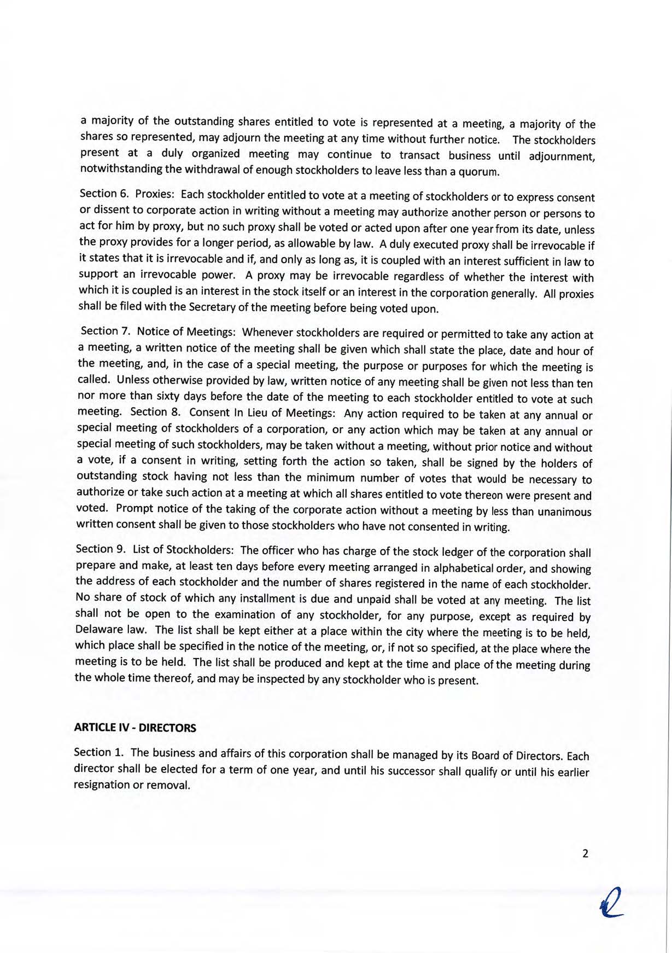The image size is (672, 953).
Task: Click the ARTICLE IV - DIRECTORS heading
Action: pos(135,728)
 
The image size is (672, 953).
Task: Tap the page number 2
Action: pos(585,853)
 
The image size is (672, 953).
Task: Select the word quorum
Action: pos(481,173)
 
